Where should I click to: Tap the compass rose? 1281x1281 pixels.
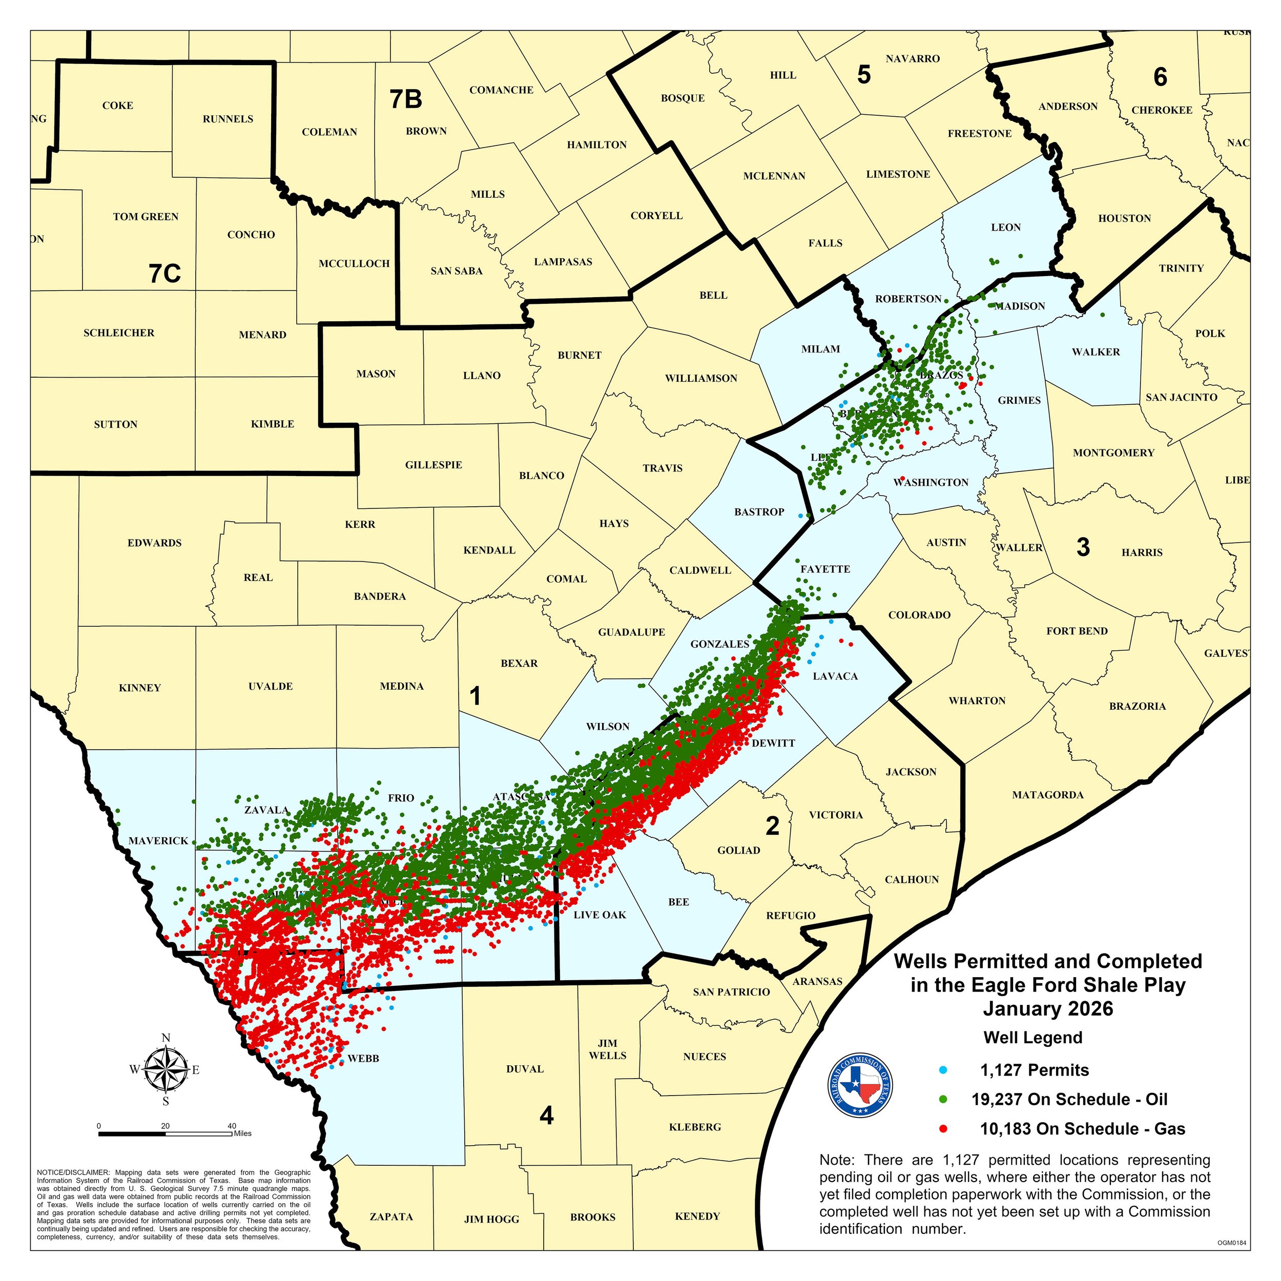166,1069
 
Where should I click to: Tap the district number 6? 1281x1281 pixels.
1160,77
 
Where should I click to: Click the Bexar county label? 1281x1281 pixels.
519,663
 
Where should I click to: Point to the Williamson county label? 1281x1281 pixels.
701,379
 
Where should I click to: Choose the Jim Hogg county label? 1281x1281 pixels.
491,1220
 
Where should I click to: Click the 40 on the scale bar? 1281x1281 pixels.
232,1126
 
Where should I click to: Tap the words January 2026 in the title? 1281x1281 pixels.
1048,1008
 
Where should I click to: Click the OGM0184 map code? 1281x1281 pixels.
1232,1243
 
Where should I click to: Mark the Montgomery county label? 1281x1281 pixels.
1113,453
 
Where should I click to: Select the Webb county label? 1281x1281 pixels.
363,1058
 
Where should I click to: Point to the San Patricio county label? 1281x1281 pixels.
731,993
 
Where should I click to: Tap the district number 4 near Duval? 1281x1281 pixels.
546,1116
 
